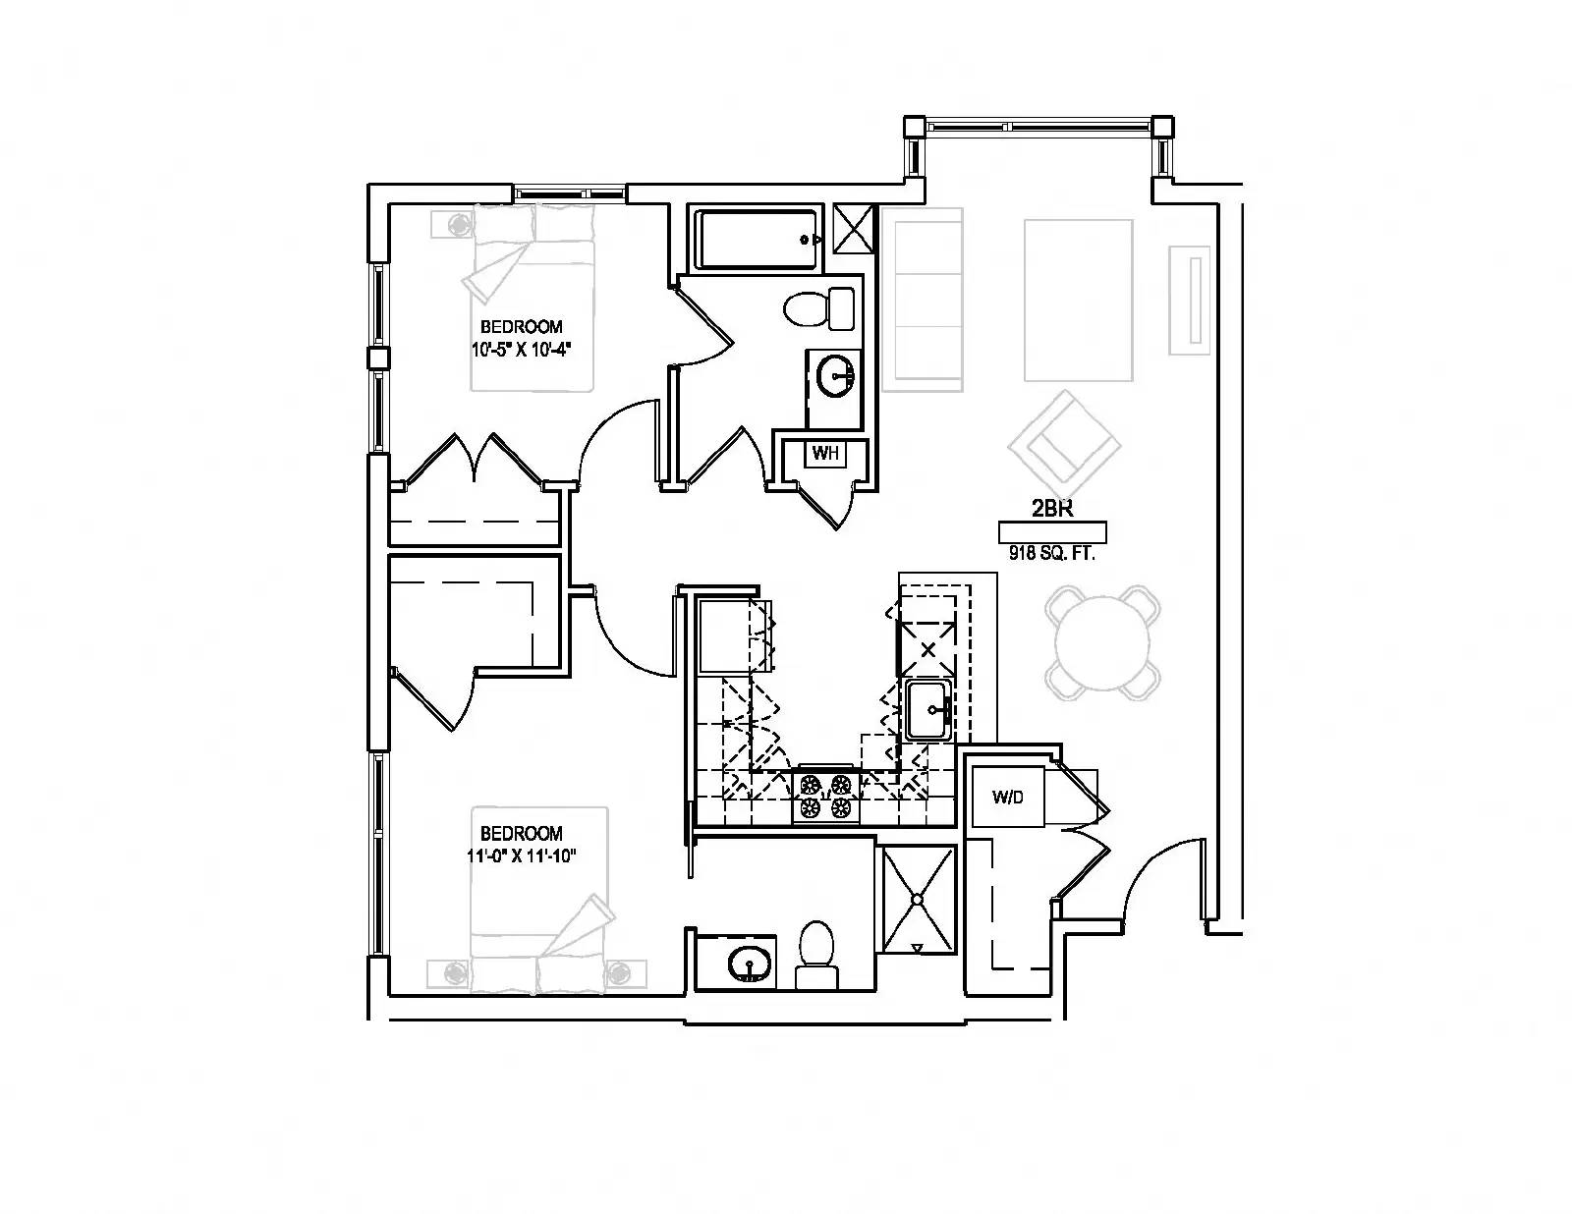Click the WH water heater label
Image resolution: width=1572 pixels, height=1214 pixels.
click(825, 454)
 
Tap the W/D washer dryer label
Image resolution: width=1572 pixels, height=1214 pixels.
click(1007, 797)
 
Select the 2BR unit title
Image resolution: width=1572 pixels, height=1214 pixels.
click(1051, 508)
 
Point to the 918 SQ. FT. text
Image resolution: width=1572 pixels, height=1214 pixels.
click(1051, 553)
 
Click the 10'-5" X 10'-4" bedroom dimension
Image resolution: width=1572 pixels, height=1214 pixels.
click(520, 348)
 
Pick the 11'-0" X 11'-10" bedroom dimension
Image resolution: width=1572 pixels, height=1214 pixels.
click(521, 855)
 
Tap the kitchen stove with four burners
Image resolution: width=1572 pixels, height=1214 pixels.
click(825, 796)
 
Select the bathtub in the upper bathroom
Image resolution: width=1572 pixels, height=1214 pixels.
click(758, 239)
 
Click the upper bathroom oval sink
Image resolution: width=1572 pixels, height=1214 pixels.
click(835, 376)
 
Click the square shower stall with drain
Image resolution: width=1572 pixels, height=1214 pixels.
click(918, 900)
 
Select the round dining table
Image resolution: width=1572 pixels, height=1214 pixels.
click(1101, 643)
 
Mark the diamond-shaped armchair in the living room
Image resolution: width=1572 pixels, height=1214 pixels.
click(1064, 443)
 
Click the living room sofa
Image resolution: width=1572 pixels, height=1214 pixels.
click(922, 300)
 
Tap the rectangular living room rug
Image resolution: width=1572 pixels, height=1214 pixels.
click(1079, 300)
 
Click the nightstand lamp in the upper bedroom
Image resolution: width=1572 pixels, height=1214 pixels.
click(457, 224)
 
